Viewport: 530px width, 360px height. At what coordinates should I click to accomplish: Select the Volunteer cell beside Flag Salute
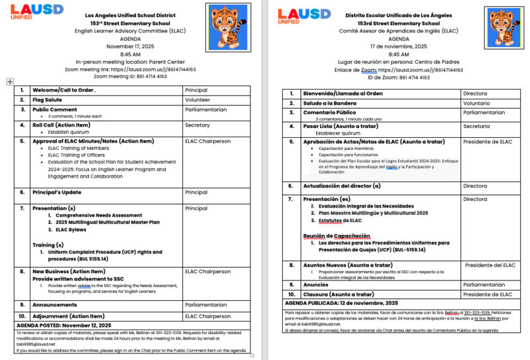(198, 100)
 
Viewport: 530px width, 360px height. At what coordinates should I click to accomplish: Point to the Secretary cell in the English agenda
(198, 125)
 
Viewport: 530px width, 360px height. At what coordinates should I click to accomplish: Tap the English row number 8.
(22, 271)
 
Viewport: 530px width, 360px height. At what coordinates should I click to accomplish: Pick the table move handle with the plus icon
(9, 82)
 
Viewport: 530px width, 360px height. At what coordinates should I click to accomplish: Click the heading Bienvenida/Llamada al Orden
(342, 93)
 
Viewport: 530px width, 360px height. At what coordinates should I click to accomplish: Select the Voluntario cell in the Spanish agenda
(477, 103)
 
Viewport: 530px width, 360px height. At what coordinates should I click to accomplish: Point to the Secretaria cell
(477, 126)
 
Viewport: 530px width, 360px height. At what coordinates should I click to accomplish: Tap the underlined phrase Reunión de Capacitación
(337, 236)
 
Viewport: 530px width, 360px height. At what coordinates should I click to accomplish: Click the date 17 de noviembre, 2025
(398, 46)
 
